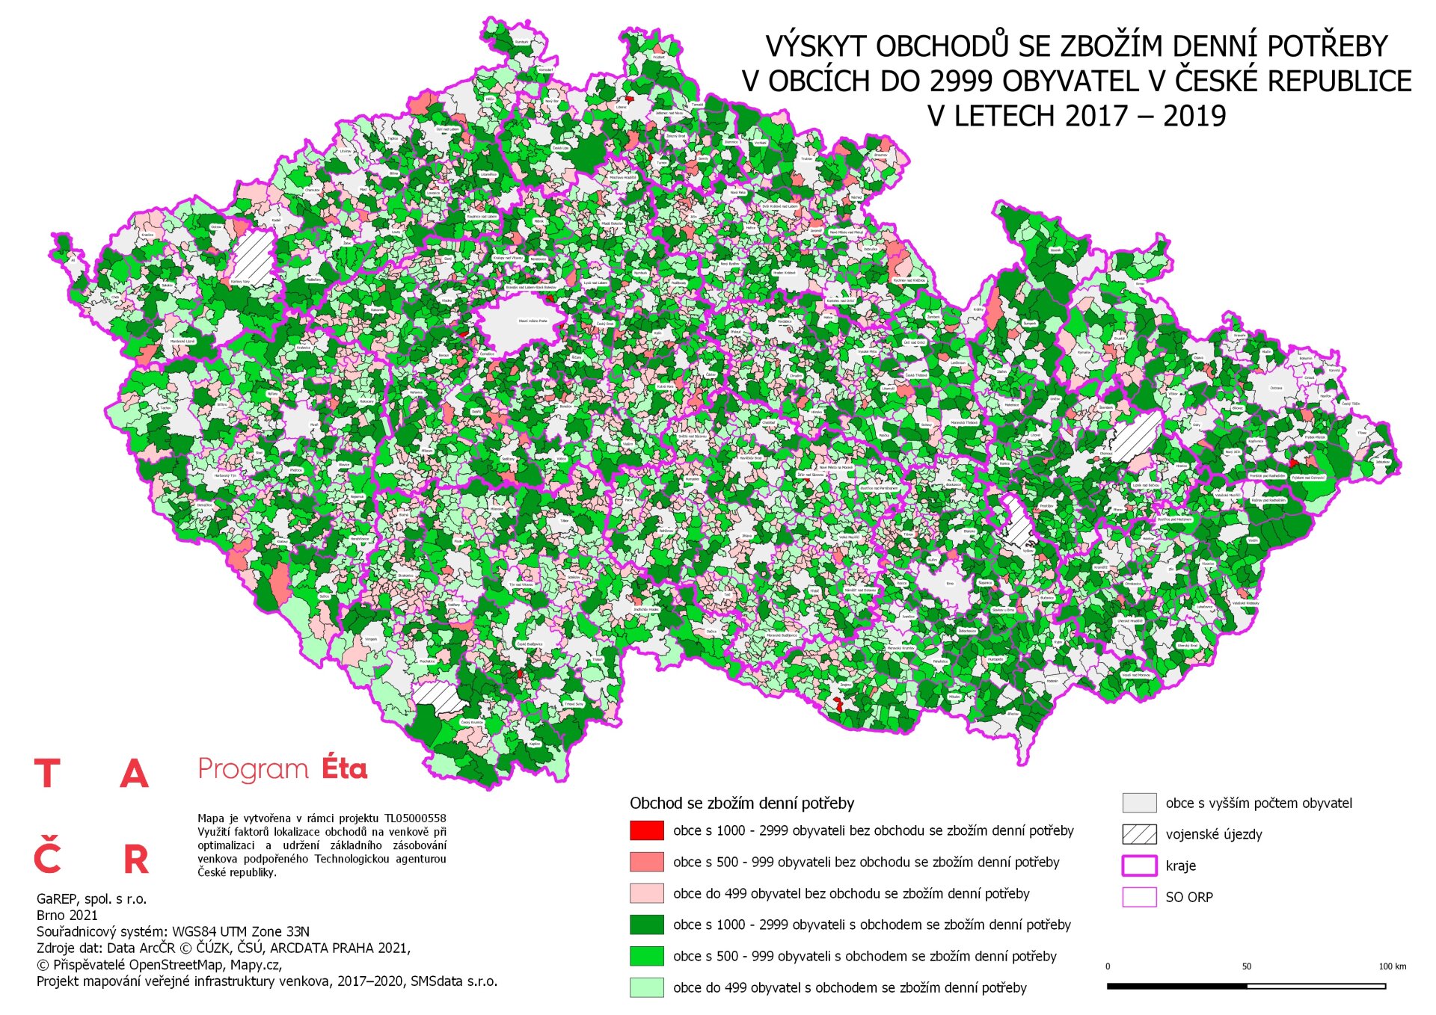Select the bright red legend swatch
[x=646, y=830]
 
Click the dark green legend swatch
[x=646, y=925]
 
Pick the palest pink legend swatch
[x=646, y=893]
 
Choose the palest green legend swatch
[x=646, y=987]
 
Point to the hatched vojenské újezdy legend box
[x=1139, y=834]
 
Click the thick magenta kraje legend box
[x=1139, y=866]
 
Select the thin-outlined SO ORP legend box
[x=1139, y=897]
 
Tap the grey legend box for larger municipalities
[x=1139, y=803]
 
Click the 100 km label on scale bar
[x=1392, y=966]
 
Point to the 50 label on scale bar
[x=1246, y=966]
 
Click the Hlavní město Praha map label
[x=533, y=321]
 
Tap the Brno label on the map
[x=950, y=583]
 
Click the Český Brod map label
[x=604, y=324]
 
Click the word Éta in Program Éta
[x=344, y=769]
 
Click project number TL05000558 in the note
[x=415, y=818]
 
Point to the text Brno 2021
[x=67, y=915]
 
